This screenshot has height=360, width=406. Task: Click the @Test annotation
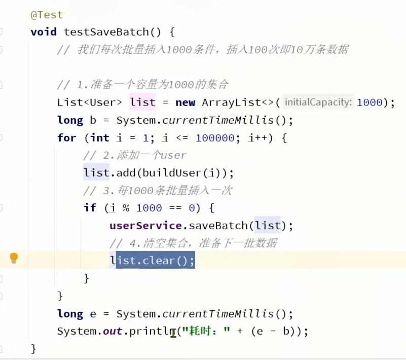47,15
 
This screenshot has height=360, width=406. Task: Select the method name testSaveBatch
106,32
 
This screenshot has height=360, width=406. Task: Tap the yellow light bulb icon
14,258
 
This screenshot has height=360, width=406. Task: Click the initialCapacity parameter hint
318,102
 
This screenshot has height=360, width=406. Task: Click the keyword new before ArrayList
185,102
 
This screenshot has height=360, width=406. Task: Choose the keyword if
90,208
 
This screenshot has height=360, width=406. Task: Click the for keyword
66,138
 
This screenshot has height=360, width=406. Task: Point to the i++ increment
257,138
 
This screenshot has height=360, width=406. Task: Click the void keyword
44,32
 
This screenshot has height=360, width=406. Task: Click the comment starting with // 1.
143,85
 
